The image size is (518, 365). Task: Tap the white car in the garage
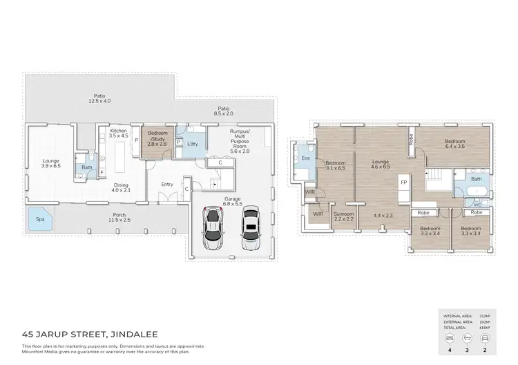251,229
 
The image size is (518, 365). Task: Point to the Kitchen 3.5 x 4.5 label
119,133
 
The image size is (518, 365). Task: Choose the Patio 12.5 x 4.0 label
99,99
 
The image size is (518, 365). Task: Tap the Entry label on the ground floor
167,184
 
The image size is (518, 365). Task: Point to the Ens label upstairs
305,158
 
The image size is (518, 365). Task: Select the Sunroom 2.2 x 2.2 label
344,217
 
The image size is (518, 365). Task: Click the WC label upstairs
477,205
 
